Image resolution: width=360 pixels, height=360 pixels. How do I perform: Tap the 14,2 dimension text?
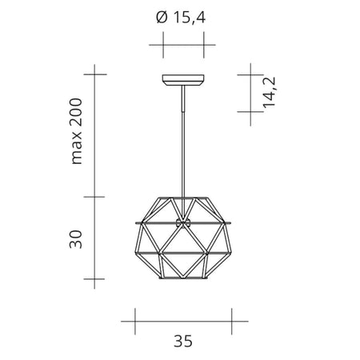pos(270,92)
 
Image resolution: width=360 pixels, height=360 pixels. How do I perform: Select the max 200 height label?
pos(77,132)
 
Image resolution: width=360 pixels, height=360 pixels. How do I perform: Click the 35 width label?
pos(183,341)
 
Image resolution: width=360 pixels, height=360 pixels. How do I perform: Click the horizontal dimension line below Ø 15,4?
pos(183,46)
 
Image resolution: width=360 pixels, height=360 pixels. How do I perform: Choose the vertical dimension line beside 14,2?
pos(250,93)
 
